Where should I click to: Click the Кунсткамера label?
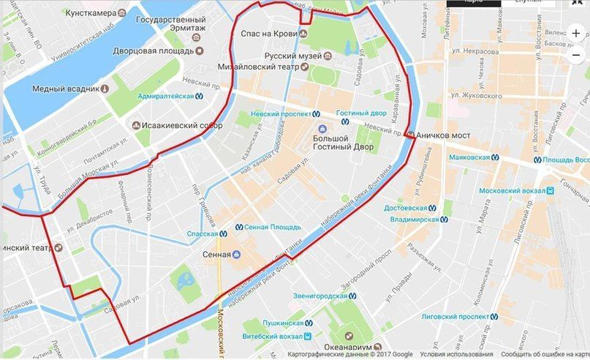[x=90, y=14]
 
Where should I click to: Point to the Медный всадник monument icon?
[x=105, y=89]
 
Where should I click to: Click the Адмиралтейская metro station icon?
[x=199, y=96]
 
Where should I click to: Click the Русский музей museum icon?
[x=328, y=55]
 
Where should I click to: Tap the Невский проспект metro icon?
[x=317, y=114]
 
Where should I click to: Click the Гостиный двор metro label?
[x=361, y=113]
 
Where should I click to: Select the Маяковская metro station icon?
[x=495, y=157]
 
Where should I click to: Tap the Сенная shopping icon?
[x=236, y=255]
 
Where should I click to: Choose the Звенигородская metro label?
[x=319, y=296]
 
